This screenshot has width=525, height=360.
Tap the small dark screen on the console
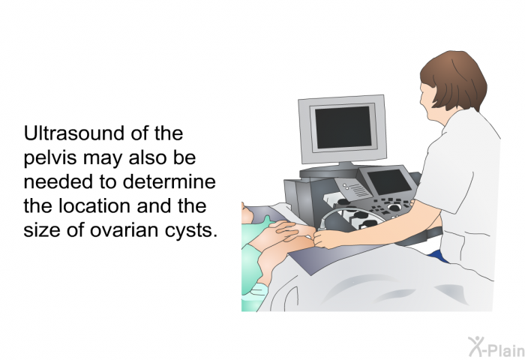(x=388, y=181)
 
